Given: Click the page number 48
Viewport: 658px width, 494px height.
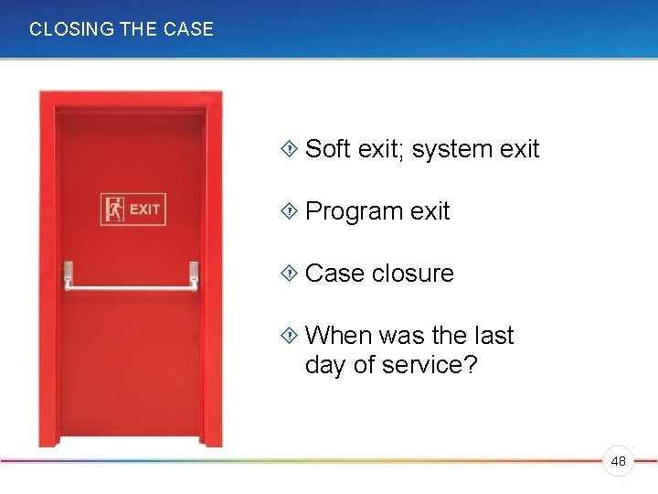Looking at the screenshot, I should click(x=619, y=462).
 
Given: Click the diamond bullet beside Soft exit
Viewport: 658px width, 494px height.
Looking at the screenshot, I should click(x=290, y=149).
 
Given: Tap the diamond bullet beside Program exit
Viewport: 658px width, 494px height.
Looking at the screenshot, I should click(x=290, y=211).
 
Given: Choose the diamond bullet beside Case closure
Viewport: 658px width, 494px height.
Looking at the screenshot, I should click(x=290, y=274).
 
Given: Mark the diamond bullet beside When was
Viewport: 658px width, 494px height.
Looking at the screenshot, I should click(x=290, y=336).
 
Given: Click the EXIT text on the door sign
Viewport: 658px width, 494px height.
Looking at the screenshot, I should click(x=145, y=209).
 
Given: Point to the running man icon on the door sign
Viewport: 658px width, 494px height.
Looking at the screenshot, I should click(x=114, y=209).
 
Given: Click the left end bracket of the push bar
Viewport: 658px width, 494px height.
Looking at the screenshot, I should click(x=68, y=273).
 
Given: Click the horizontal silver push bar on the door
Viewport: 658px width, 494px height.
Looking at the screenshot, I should click(x=131, y=286).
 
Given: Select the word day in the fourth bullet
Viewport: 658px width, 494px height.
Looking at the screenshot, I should click(x=324, y=365).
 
